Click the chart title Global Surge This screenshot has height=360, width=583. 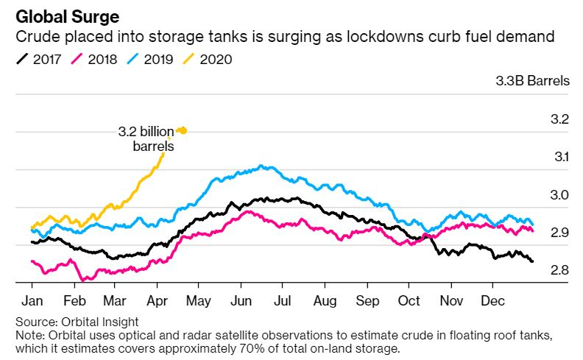click(x=67, y=17)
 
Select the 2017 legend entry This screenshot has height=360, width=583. click(x=38, y=59)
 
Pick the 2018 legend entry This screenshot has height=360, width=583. click(x=93, y=59)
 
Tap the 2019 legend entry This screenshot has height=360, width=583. click(x=149, y=59)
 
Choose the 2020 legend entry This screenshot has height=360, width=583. click(x=207, y=59)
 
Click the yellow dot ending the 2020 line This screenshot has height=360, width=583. click(x=183, y=130)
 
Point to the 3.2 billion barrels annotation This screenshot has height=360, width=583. click(x=146, y=138)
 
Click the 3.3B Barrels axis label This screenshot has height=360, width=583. click(x=532, y=81)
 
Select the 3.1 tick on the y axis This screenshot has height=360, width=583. click(x=562, y=157)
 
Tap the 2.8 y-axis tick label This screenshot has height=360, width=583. click(x=559, y=270)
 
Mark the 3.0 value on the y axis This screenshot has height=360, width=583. click(x=559, y=195)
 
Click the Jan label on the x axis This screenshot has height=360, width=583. click(x=32, y=300)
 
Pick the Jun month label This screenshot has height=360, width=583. click(x=241, y=300)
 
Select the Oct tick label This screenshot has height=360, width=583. click(x=409, y=300)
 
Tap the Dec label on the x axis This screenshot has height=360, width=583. click(x=492, y=300)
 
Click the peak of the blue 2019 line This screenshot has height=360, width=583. click(x=261, y=166)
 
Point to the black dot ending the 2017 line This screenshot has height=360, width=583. click(x=532, y=261)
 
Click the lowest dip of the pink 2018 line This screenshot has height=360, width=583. click(x=82, y=280)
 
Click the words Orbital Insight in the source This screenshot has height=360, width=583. click(x=99, y=322)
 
